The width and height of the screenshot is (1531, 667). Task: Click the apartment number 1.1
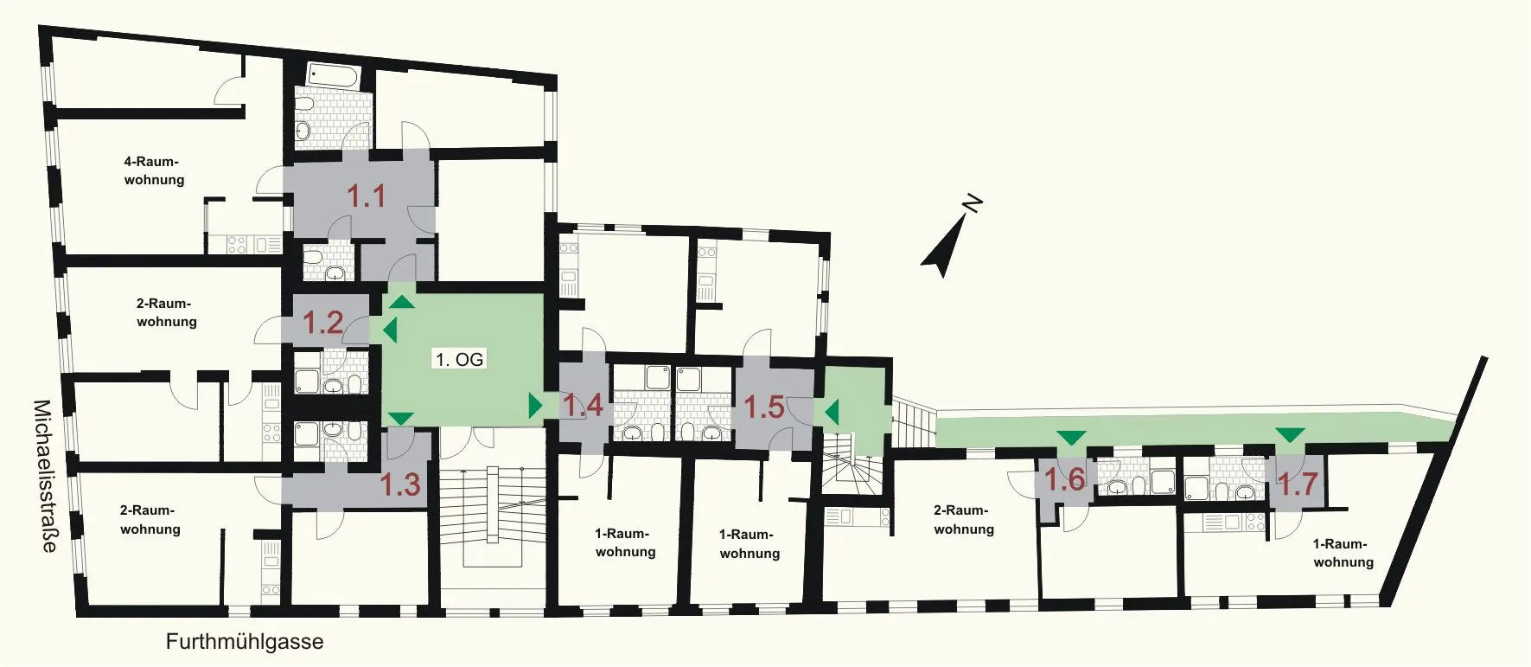click(x=366, y=196)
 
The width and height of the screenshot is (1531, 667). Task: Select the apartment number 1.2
click(x=322, y=323)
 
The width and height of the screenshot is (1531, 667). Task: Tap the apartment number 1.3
click(x=400, y=484)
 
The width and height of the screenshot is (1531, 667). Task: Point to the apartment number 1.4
click(x=583, y=405)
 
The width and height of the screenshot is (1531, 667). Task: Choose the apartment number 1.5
click(x=764, y=407)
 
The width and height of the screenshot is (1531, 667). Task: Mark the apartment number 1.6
click(x=1064, y=478)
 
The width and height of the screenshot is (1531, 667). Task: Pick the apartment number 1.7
click(x=1298, y=484)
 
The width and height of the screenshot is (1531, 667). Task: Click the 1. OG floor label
click(x=459, y=359)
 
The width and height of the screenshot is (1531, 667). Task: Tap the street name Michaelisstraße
click(x=45, y=476)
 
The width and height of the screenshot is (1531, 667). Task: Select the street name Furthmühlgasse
click(x=245, y=642)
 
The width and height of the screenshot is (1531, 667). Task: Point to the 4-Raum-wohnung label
click(x=154, y=170)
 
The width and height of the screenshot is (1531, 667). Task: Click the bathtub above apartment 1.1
click(x=333, y=75)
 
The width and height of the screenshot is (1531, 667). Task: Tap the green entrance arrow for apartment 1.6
click(x=1071, y=438)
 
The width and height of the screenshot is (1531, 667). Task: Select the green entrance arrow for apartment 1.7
click(x=1291, y=435)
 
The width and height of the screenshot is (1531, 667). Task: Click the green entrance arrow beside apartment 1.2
click(x=390, y=330)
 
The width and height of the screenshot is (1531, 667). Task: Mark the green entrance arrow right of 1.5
click(x=832, y=413)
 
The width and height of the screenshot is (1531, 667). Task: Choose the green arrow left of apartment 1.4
click(x=535, y=405)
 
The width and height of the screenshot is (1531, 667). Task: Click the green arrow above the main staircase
click(x=400, y=419)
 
